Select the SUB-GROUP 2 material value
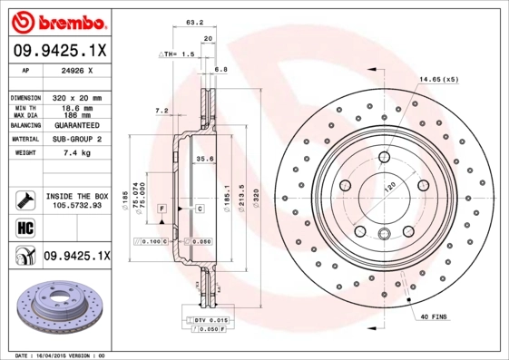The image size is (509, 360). pyautogui.click(x=79, y=139)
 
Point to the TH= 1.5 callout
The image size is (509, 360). pyautogui.click(x=177, y=54)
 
